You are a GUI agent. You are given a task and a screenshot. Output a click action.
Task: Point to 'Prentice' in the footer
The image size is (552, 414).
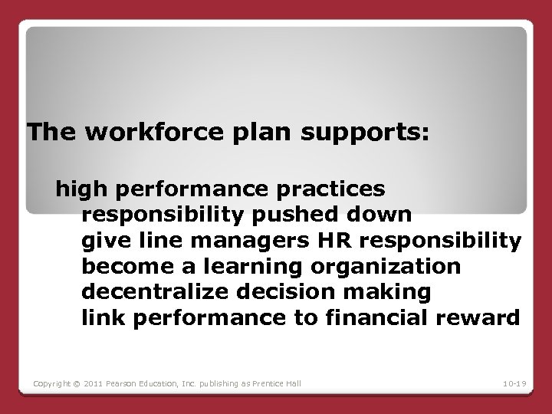tap(281, 383)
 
